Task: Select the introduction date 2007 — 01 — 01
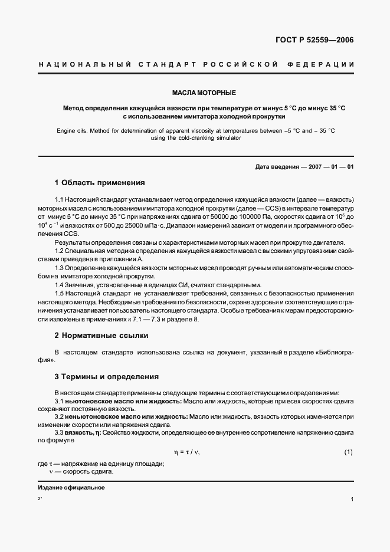[329, 167]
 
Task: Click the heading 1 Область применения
[99, 183]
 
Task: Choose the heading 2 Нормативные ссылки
[101, 336]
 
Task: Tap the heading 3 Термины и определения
[106, 377]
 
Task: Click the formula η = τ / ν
[186, 452]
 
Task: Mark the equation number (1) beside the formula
[348, 452]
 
